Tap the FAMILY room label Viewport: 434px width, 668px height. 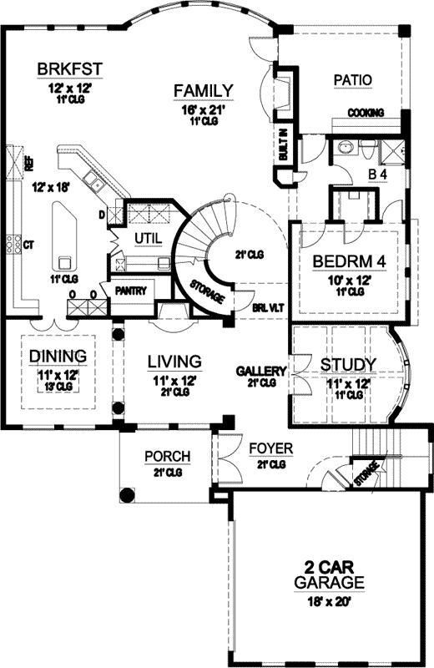coord(202,91)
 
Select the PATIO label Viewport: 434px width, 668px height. coord(352,80)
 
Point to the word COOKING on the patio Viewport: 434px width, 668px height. coord(366,112)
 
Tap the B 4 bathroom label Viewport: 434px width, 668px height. coord(378,175)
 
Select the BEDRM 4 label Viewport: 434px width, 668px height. coord(350,261)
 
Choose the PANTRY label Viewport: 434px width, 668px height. coord(132,291)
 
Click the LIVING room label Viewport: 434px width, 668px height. coord(174,362)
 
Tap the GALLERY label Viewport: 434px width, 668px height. coord(261,371)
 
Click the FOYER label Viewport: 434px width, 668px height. coord(272,448)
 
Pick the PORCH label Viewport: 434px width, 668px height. coord(168,457)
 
